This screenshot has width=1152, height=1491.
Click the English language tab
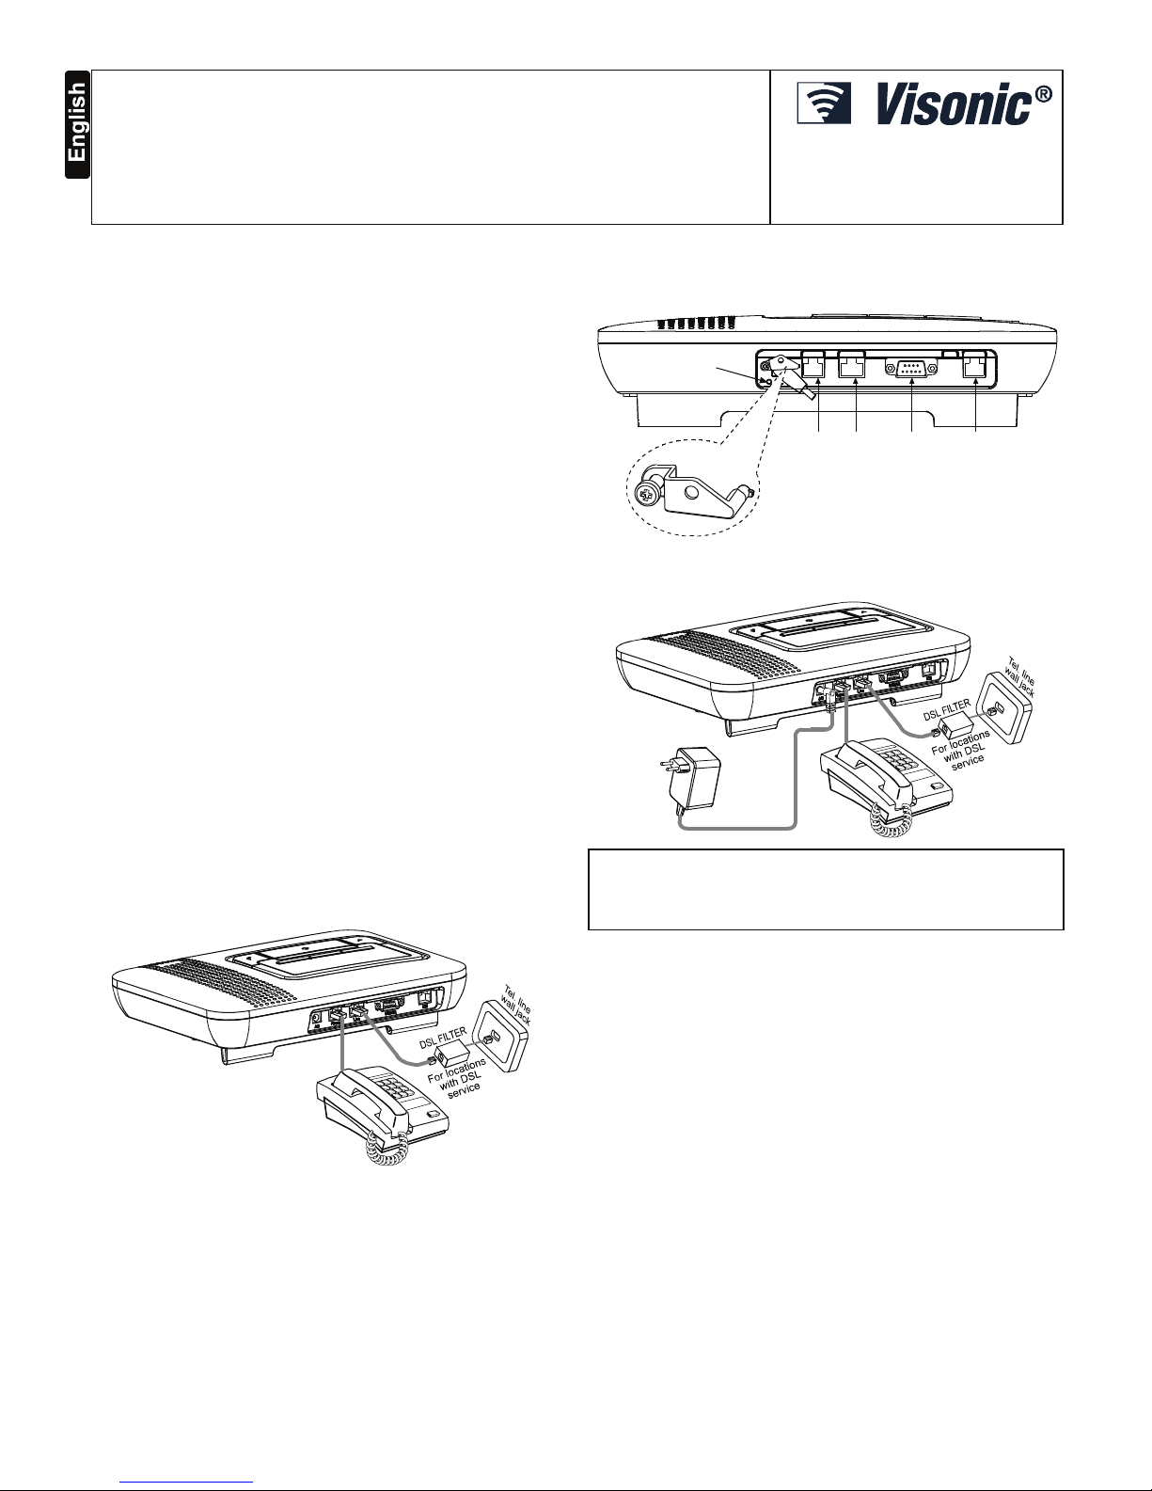pyautogui.click(x=77, y=124)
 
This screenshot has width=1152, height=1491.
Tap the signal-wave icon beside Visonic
pyautogui.click(x=824, y=103)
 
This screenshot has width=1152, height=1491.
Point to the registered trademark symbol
pyautogui.click(x=1044, y=95)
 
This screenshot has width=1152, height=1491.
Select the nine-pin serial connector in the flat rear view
pyautogui.click(x=911, y=369)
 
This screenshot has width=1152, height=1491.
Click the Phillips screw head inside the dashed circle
pyautogui.click(x=647, y=494)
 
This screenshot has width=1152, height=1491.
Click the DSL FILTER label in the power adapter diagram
pyautogui.click(x=946, y=711)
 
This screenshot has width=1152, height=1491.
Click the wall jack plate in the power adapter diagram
pyautogui.click(x=1004, y=707)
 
